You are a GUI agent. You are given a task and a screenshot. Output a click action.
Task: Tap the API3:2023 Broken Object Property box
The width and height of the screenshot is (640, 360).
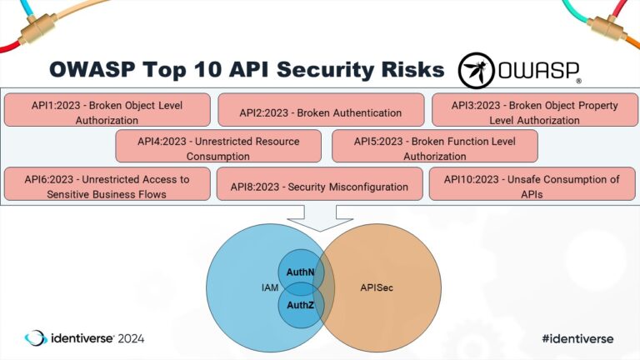pos(534,112)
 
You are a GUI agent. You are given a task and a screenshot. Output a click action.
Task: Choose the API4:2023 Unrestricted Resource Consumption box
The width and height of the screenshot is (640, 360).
pos(218,147)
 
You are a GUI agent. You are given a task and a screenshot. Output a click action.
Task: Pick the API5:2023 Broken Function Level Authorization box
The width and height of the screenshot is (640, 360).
pos(434,147)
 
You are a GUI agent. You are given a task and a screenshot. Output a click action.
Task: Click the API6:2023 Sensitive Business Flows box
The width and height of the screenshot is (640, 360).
pos(106,185)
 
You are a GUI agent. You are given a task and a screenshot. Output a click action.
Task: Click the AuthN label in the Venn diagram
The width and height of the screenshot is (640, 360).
pos(300,272)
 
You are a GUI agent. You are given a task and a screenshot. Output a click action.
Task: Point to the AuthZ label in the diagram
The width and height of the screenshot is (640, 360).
pos(300,305)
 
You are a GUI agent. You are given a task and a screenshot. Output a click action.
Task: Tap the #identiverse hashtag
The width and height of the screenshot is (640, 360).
pos(577,338)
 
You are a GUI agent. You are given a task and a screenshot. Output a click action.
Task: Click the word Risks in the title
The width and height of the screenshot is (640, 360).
pos(406,69)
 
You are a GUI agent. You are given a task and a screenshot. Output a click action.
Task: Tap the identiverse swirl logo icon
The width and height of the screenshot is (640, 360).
pos(36,338)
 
